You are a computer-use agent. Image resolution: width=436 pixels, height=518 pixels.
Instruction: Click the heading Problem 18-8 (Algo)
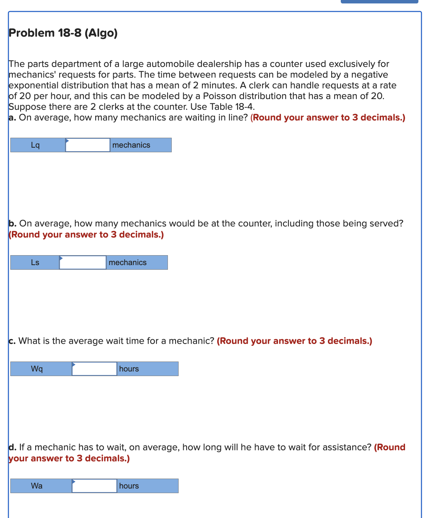click(x=63, y=33)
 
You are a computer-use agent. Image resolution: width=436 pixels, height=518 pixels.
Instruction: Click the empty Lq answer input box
click(x=88, y=145)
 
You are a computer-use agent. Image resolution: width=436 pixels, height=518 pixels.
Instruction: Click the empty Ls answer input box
click(x=83, y=262)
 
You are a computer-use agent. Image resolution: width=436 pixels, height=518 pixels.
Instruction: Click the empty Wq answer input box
click(x=94, y=369)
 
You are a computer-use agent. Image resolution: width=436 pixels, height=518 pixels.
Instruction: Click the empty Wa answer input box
click(x=94, y=486)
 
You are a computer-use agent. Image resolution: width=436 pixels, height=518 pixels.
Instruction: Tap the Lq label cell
click(x=36, y=145)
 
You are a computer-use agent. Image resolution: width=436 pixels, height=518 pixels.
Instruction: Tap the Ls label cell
click(x=35, y=262)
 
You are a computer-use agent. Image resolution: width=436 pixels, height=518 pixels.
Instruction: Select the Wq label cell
click(x=37, y=369)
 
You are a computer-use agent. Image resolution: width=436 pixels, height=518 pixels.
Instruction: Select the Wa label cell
click(x=37, y=486)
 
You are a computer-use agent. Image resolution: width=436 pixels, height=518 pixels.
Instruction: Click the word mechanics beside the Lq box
click(x=131, y=145)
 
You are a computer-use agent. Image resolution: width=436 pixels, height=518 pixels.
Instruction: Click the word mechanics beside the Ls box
click(x=128, y=262)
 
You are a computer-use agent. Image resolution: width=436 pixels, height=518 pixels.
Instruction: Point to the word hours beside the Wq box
click(x=129, y=369)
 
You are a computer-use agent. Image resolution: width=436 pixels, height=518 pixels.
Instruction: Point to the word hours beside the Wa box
click(x=129, y=486)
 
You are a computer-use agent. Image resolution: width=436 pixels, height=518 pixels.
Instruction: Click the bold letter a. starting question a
click(x=12, y=117)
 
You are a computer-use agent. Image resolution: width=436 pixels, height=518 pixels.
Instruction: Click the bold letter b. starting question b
click(x=12, y=223)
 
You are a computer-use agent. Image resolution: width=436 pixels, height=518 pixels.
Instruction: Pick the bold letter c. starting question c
click(x=12, y=341)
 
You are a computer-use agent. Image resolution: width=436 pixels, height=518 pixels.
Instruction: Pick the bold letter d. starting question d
click(x=12, y=447)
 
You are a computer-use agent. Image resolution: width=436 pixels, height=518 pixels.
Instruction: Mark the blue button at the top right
click(x=379, y=2)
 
